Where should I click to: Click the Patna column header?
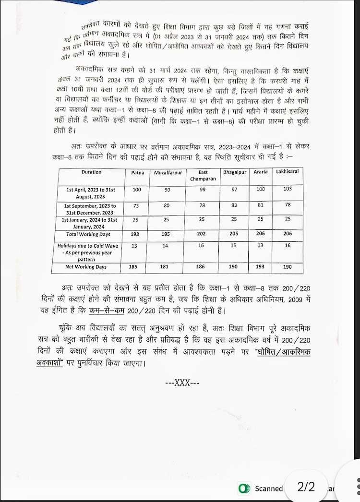pos(138,172)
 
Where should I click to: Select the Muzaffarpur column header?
pos(166,173)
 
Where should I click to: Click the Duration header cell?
pos(91,172)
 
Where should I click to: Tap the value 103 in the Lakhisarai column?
pos(288,190)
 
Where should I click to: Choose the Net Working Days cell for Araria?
pos(261,266)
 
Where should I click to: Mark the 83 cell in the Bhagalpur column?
pos(234,206)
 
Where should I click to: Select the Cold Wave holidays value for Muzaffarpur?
pos(167,246)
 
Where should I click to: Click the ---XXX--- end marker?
pos(182,382)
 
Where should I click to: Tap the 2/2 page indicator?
pos(306,487)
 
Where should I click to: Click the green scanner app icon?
pos(244,488)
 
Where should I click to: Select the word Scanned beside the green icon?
pos(268,489)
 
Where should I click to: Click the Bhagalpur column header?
pos(234,172)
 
